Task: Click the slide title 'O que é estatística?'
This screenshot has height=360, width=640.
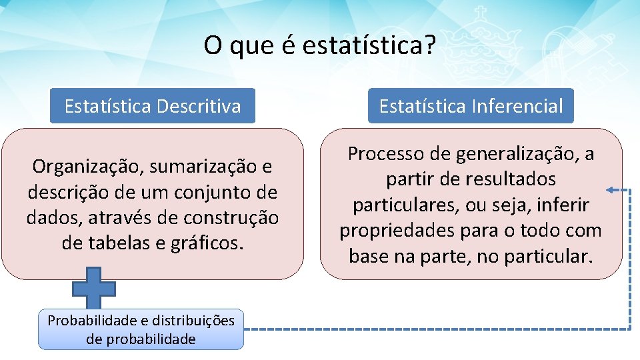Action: [x=320, y=46]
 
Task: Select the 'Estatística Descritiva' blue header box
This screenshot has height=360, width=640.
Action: [x=153, y=106]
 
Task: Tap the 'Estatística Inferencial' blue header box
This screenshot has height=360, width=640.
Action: [x=471, y=106]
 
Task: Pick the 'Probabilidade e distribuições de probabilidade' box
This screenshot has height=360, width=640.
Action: [x=141, y=329]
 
